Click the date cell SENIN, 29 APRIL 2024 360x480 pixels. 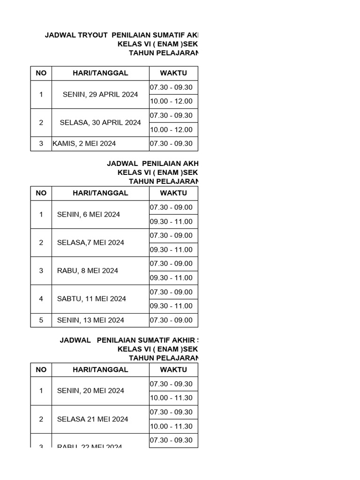point(100,94)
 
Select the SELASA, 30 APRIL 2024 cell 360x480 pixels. point(100,122)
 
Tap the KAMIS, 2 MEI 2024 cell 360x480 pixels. point(84,143)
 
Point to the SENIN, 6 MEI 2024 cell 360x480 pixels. point(89,214)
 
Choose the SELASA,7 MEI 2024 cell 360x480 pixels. point(90,242)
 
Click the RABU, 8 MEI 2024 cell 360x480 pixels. point(88,270)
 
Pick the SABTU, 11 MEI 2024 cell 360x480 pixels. point(91,299)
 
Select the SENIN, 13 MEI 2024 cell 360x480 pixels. point(90,320)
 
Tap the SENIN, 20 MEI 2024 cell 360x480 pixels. point(90,390)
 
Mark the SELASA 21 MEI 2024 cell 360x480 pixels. point(92,419)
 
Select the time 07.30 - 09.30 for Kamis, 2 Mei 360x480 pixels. point(172,143)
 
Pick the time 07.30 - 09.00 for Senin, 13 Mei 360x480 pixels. point(172,320)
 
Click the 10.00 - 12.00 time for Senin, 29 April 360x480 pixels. point(172,101)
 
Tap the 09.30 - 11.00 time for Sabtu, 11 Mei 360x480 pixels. point(172,306)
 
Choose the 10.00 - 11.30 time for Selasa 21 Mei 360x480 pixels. point(172,426)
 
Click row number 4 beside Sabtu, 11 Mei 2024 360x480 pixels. point(41,299)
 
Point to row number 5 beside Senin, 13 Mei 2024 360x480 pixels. point(41,320)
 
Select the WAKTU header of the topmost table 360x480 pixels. point(173,73)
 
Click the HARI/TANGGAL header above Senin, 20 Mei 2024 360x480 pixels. point(100,369)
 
